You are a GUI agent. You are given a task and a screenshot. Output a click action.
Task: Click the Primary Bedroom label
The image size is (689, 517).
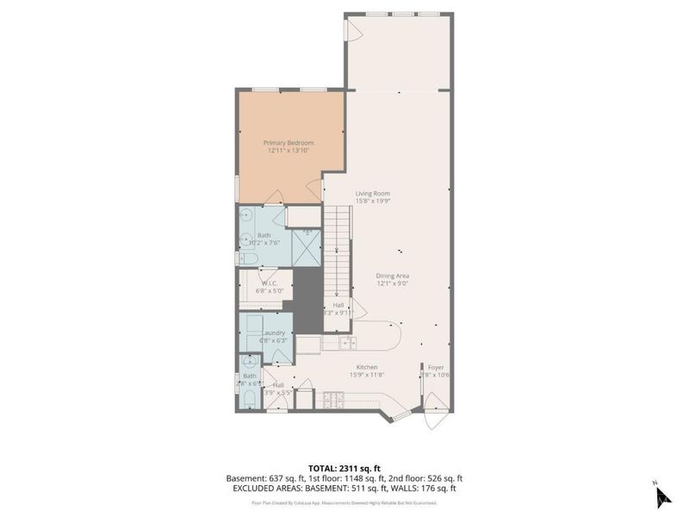(288, 142)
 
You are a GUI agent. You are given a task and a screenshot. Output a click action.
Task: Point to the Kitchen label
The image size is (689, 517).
(368, 367)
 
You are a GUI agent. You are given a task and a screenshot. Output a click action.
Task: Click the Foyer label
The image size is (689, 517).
(437, 367)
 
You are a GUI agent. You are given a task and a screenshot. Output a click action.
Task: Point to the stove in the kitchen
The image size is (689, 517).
(332, 398)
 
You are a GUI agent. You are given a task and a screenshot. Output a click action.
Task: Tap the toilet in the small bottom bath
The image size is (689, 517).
(247, 398)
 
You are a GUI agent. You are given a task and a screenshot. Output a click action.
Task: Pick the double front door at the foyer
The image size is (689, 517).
(437, 412)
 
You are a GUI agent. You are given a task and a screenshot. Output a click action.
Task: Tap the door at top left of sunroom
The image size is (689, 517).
(351, 30)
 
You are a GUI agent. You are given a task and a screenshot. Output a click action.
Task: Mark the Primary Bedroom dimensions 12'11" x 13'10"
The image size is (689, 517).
(288, 151)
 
